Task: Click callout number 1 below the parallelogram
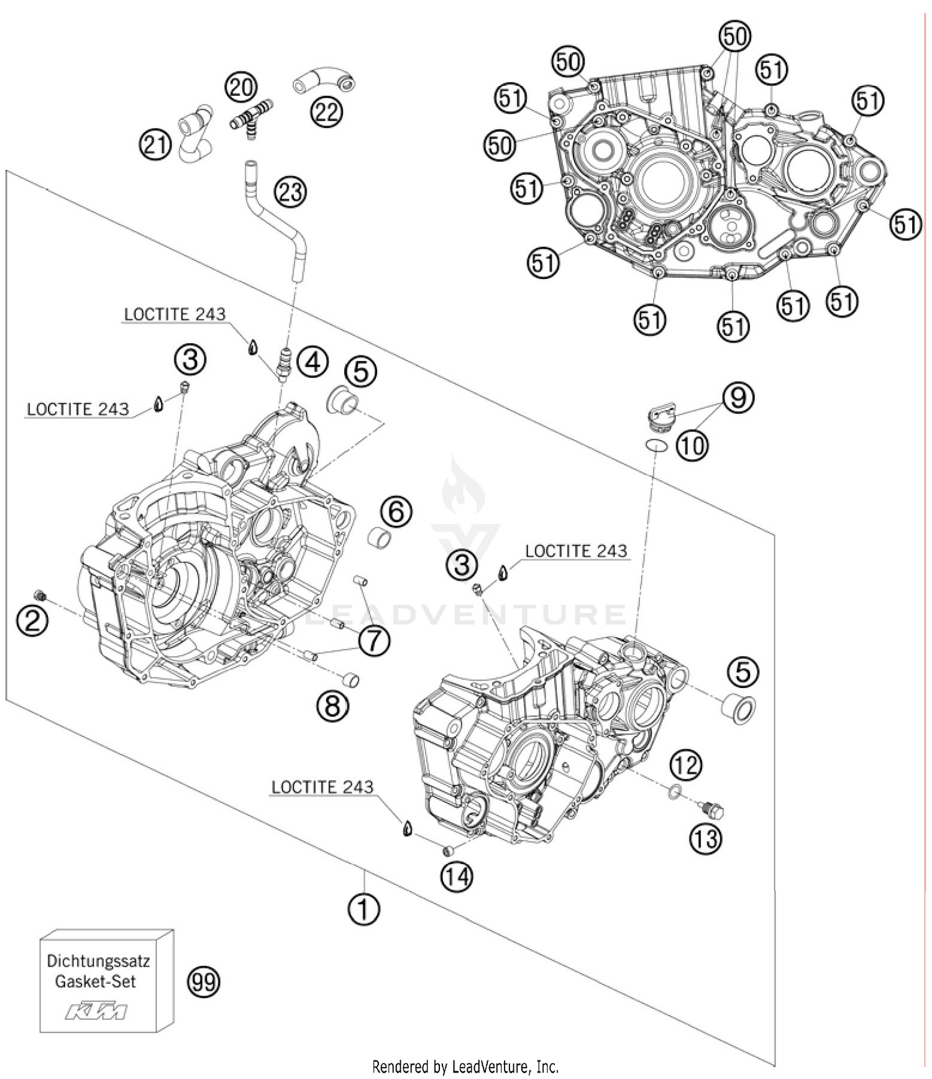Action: [363, 909]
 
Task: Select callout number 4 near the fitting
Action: [313, 362]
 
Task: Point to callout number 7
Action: [375, 641]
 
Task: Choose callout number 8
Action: [333, 705]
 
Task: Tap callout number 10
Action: [692, 445]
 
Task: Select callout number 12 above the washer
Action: [686, 764]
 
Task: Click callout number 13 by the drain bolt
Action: [706, 839]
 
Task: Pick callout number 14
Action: [457, 876]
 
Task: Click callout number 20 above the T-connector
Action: [240, 87]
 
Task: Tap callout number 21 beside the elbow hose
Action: [155, 144]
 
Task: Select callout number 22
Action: [327, 112]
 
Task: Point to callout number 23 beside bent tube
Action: [291, 192]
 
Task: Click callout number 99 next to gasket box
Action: [204, 982]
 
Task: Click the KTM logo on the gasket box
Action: [96, 1012]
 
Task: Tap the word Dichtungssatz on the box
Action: [98, 961]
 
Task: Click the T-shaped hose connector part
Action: [252, 118]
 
